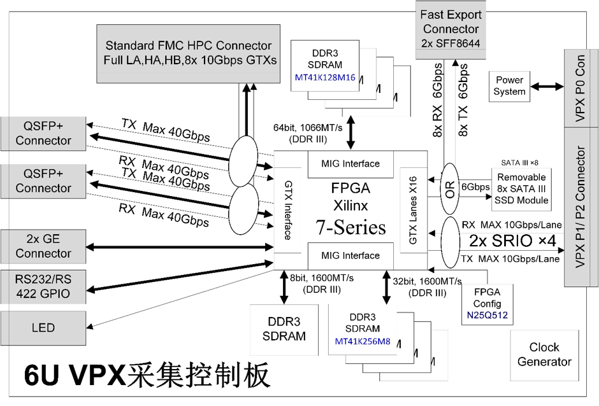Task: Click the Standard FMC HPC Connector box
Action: point(189,54)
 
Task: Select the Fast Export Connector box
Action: point(451,30)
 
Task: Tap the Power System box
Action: point(509,87)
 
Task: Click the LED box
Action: point(43,328)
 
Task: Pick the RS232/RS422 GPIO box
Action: point(43,286)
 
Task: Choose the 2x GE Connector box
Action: point(43,246)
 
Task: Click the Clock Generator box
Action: point(544,355)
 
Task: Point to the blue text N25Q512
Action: point(487,316)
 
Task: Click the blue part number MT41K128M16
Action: point(325,78)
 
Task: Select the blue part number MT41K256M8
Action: point(363,342)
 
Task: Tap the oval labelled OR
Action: point(450,189)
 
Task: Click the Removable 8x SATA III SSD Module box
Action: point(521,189)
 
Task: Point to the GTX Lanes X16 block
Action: point(414,210)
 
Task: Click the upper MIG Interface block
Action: point(350,164)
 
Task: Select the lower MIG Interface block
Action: point(350,256)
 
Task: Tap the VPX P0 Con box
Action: point(581,88)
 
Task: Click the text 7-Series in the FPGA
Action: point(350,227)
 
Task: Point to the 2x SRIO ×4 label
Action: point(512,241)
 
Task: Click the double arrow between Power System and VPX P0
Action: point(547,87)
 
